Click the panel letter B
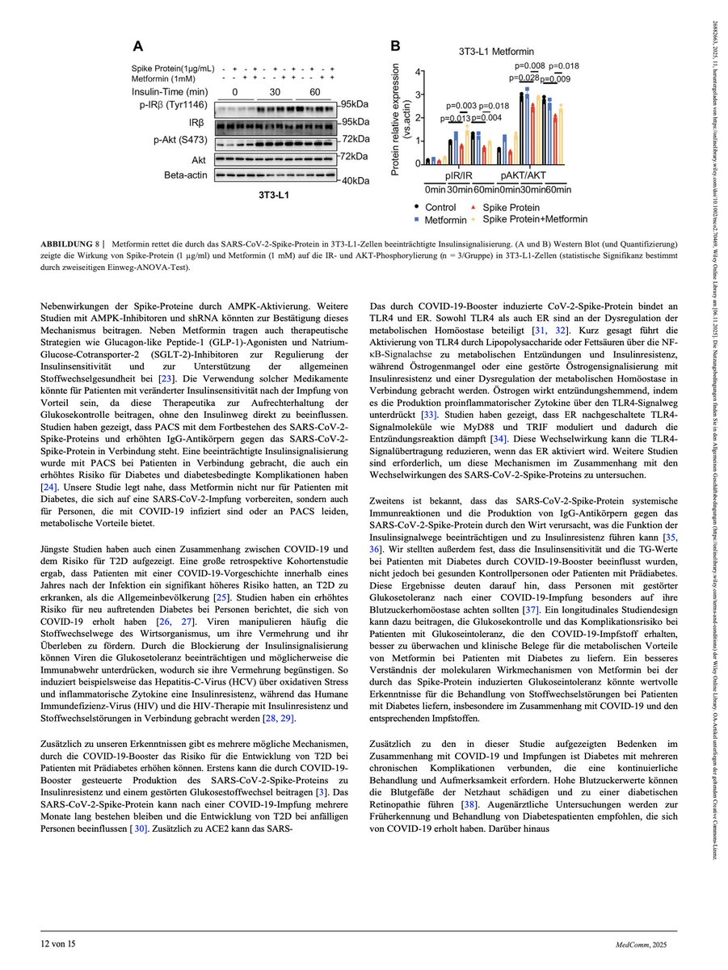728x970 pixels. [396, 47]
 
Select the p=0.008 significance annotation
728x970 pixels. [530, 65]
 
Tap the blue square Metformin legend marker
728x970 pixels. [415, 219]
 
